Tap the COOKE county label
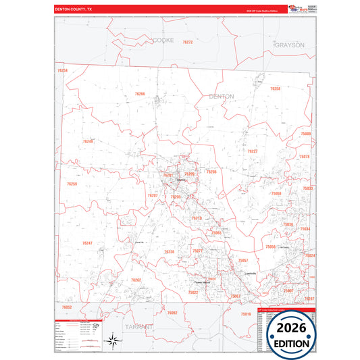click(163, 41)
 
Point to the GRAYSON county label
click(290, 45)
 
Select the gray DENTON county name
click(222, 97)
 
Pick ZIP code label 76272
click(188, 42)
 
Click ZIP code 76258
click(275, 88)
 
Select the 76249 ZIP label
click(88, 141)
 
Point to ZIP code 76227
click(252, 151)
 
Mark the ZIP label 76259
click(72, 184)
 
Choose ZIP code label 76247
click(87, 242)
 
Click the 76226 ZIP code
click(170, 251)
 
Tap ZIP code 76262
click(136, 280)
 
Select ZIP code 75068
click(276, 193)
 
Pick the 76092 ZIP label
click(172, 313)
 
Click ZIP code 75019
click(245, 314)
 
